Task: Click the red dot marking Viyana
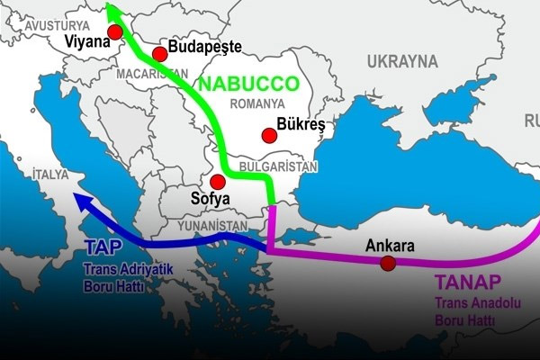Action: [x=114, y=32]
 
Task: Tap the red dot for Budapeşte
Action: [x=160, y=54]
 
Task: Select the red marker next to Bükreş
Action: [x=268, y=136]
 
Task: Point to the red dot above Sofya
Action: [x=217, y=181]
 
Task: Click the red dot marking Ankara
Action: [x=387, y=263]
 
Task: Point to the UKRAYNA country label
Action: [x=402, y=61]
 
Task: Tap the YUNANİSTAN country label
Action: [x=214, y=225]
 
